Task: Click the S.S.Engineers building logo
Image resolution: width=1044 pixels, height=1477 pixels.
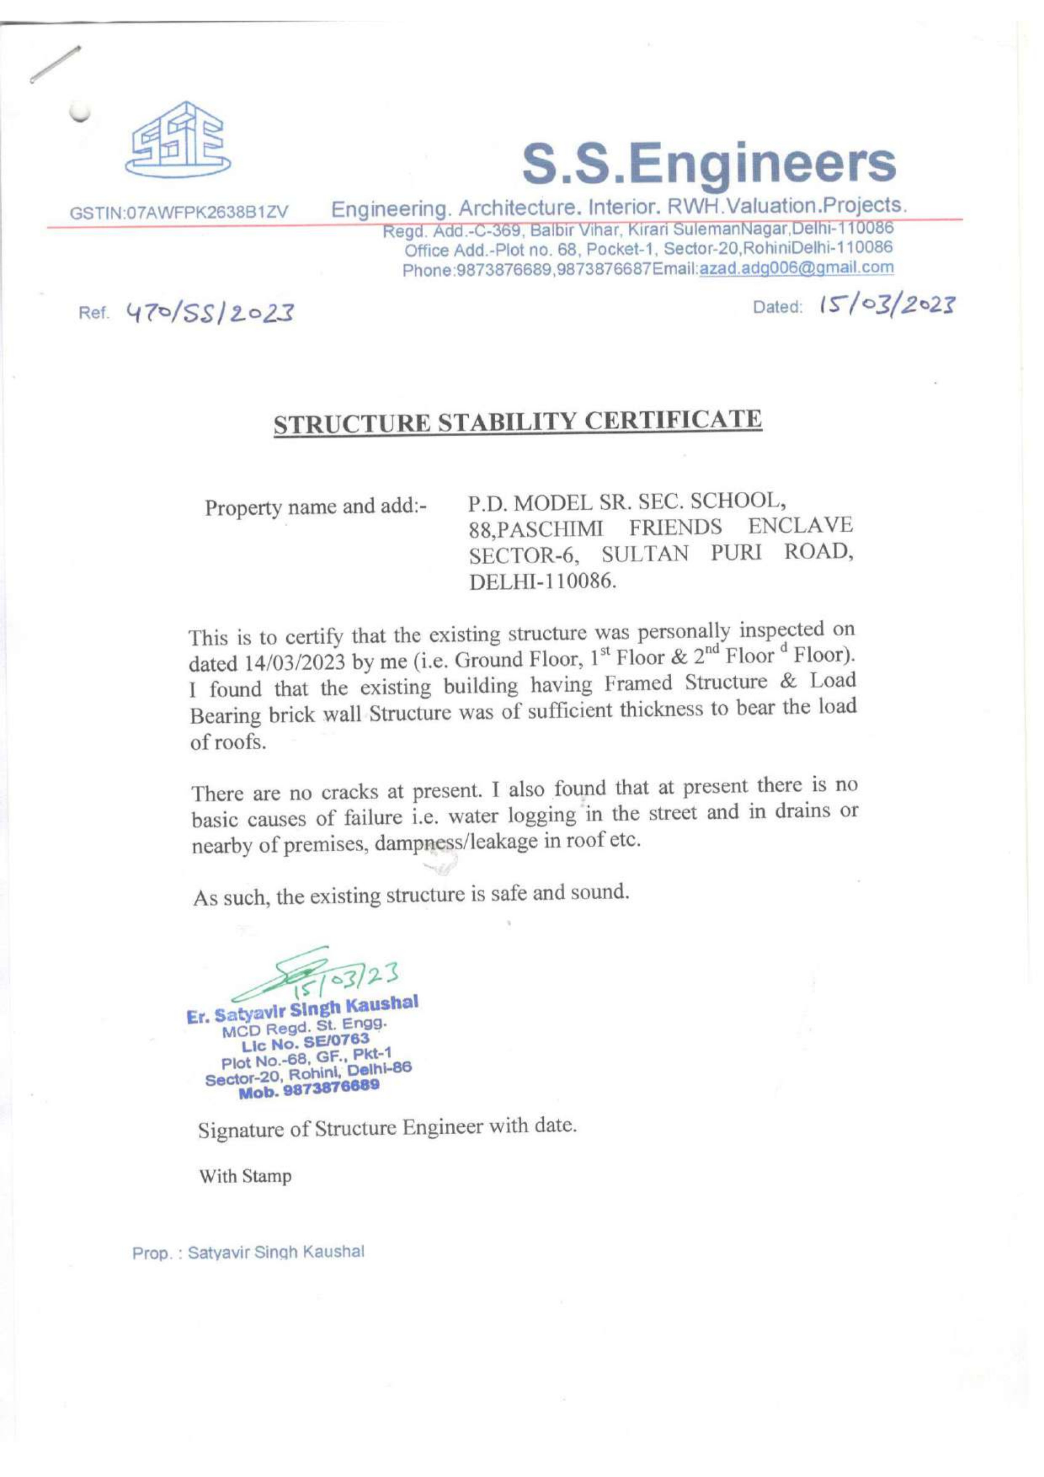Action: click(x=179, y=142)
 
